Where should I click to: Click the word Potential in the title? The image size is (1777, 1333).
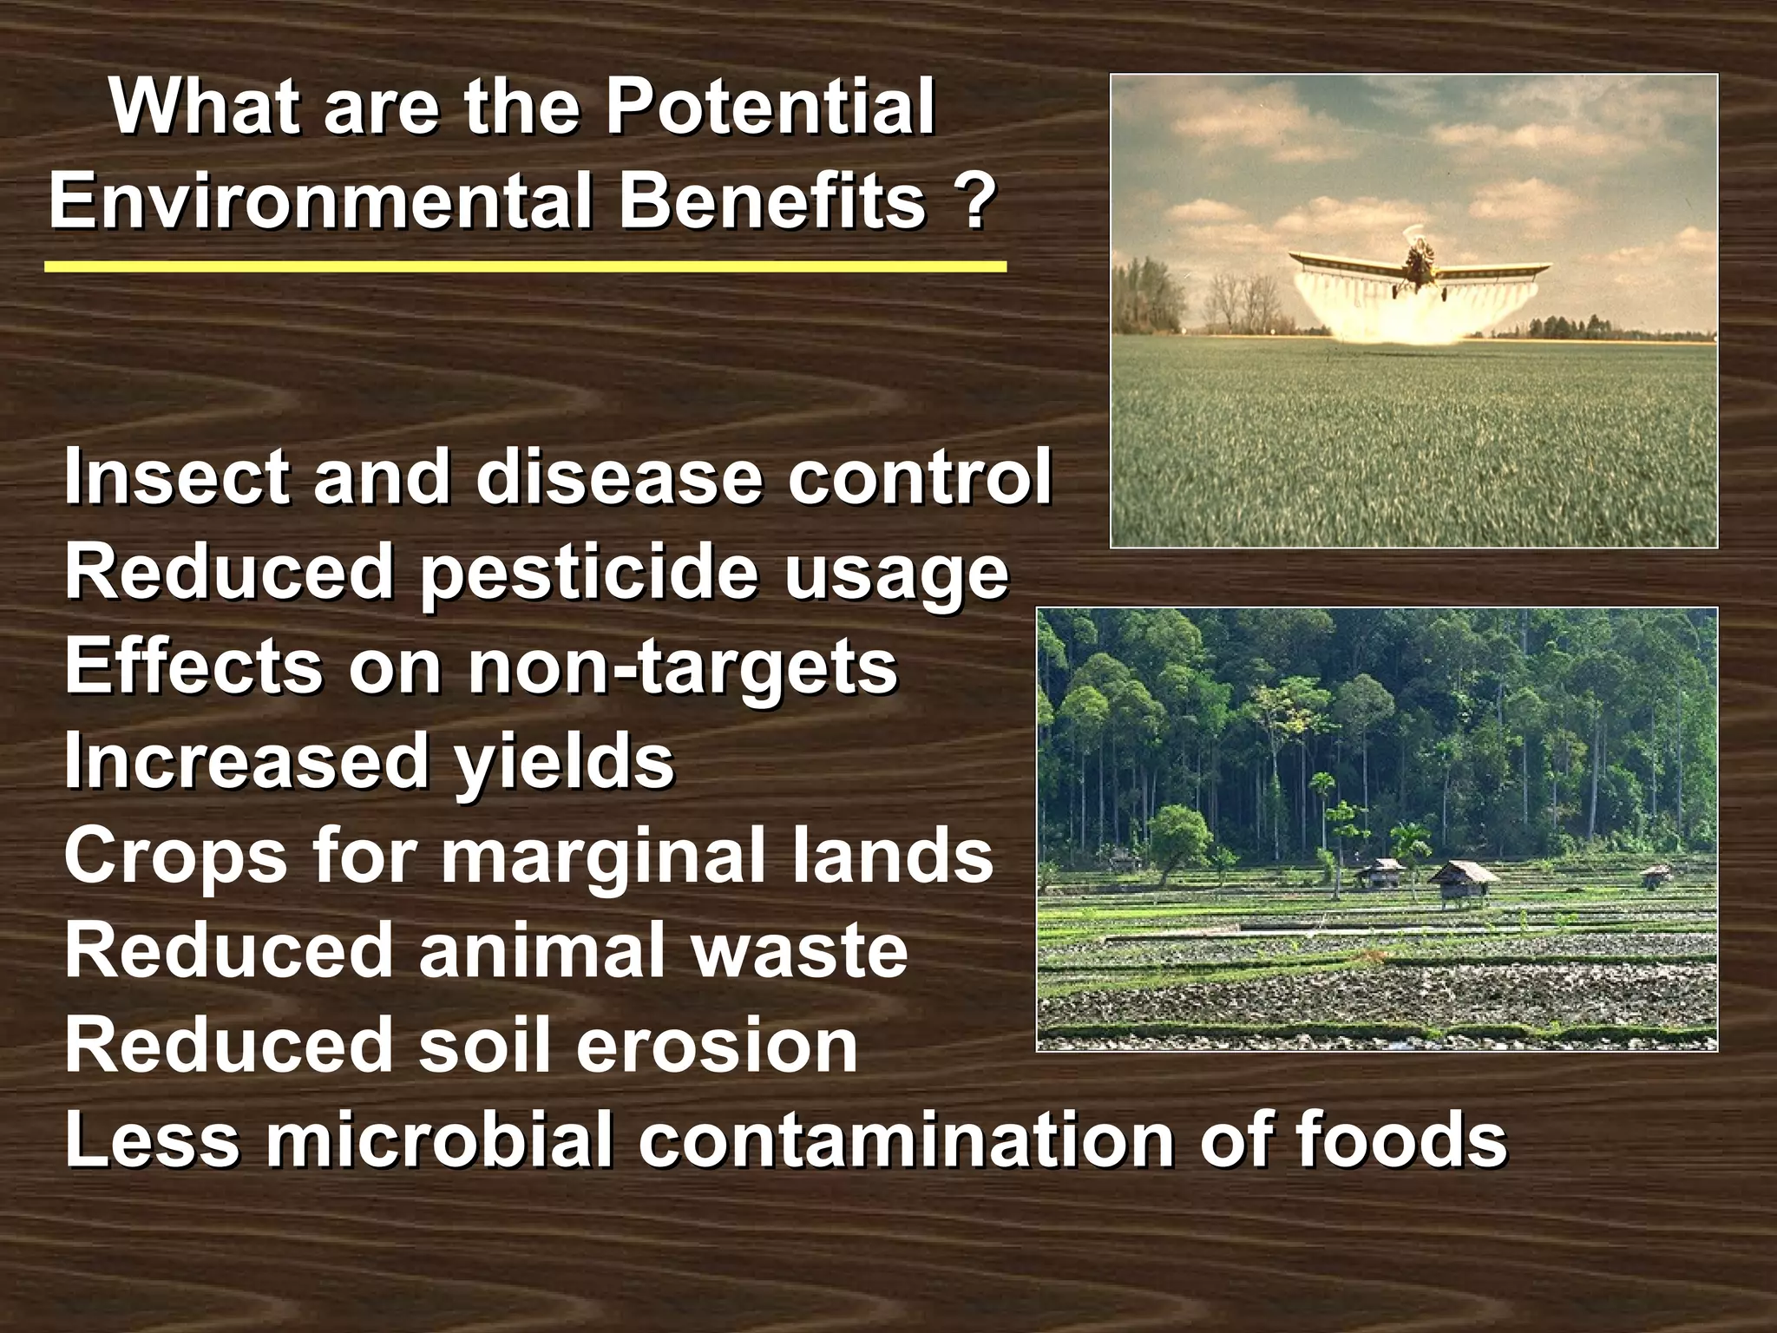[769, 108]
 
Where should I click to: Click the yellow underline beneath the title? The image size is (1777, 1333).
[525, 266]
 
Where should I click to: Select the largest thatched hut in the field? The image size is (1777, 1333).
[1463, 878]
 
